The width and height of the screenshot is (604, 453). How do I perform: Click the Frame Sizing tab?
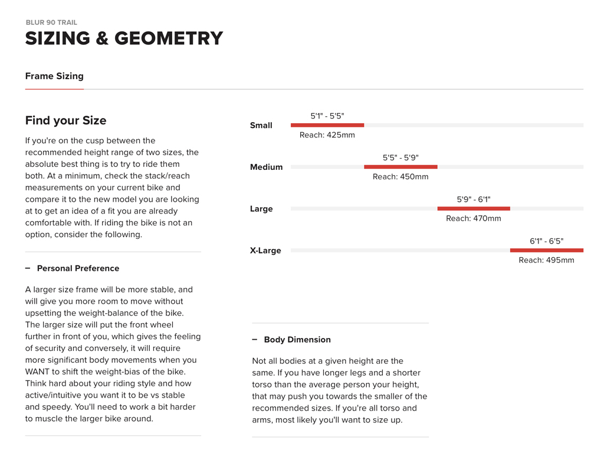54,76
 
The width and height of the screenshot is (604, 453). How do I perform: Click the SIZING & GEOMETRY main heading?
124,38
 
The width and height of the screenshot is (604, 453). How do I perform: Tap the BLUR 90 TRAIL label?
51,22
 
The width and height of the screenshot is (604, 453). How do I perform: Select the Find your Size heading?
65,120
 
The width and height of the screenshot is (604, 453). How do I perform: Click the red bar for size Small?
327,125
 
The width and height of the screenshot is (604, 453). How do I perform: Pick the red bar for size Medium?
401,167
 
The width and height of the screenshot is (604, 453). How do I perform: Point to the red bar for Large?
474,208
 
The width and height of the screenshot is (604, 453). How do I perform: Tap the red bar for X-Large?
547,250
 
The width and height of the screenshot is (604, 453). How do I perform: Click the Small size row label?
261,125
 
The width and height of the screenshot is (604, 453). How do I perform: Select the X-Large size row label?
265,250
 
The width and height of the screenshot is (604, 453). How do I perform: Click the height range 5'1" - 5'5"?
327,116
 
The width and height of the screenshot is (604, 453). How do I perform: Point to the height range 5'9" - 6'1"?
474,199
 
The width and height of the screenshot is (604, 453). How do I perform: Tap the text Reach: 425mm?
327,135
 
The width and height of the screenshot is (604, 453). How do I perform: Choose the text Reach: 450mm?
401,177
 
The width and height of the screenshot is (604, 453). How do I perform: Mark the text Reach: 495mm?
546,260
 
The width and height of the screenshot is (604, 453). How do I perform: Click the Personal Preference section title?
78,268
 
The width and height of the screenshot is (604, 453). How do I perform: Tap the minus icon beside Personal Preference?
28,268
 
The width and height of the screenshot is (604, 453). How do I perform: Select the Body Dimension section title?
297,340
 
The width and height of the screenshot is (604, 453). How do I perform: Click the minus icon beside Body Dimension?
255,340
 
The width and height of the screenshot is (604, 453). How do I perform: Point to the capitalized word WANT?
38,372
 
